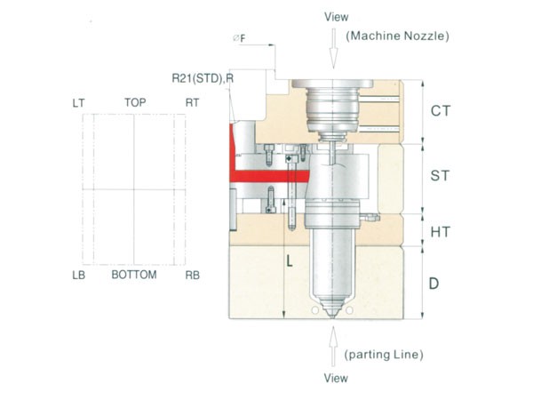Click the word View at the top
337,16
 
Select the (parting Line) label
383,356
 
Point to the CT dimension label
442,111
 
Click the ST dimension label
440,176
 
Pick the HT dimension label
441,231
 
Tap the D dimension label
434,284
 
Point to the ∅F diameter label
239,38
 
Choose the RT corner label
192,103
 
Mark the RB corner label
192,275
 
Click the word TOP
135,103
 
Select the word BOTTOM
134,275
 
